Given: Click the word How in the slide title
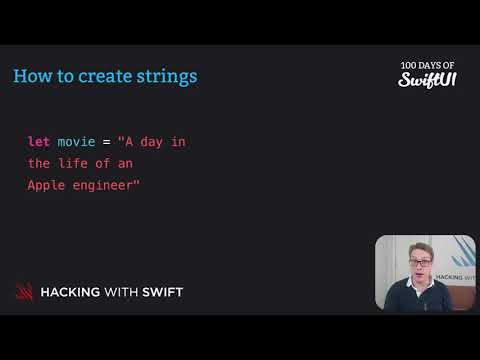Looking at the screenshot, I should coord(31,76).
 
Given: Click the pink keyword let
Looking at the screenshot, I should coord(38,142).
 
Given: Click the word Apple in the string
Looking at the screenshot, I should coord(46,184).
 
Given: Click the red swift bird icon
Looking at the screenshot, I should coord(24,292).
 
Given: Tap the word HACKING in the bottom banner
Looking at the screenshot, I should coord(72,293).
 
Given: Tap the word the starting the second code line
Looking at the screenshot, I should coord(38,163).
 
